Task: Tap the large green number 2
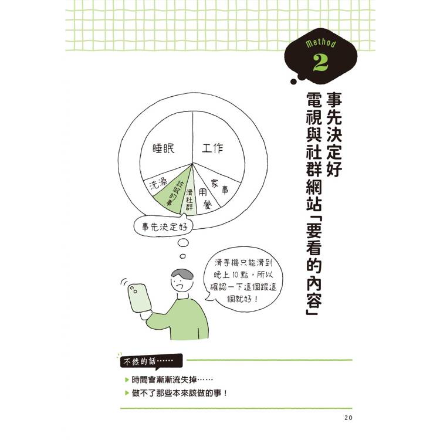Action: (x=320, y=62)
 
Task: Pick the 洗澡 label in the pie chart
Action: (x=158, y=184)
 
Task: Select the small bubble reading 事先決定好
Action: (x=164, y=226)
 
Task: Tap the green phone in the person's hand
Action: (x=140, y=297)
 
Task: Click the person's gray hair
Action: (x=183, y=273)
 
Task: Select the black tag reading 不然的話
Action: (x=151, y=361)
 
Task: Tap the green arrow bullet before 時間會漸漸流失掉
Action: (x=127, y=380)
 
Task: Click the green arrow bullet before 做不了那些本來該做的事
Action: (x=127, y=393)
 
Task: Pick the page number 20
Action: (x=348, y=418)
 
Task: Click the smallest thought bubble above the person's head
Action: (x=182, y=256)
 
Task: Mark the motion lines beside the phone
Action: (x=124, y=282)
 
